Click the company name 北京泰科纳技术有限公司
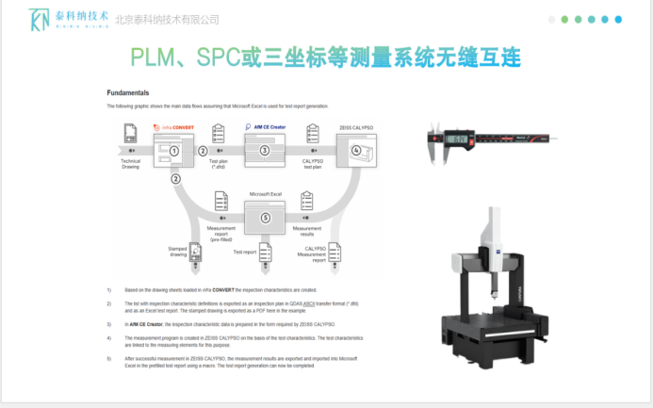pyautogui.click(x=167, y=20)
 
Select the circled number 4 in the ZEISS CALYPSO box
pyautogui.click(x=355, y=150)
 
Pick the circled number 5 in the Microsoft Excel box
pyautogui.click(x=265, y=218)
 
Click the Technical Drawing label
pyautogui.click(x=130, y=163)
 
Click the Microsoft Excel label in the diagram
pyautogui.click(x=265, y=194)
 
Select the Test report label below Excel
pyautogui.click(x=245, y=253)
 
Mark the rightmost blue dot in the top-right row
pyautogui.click(x=618, y=19)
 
